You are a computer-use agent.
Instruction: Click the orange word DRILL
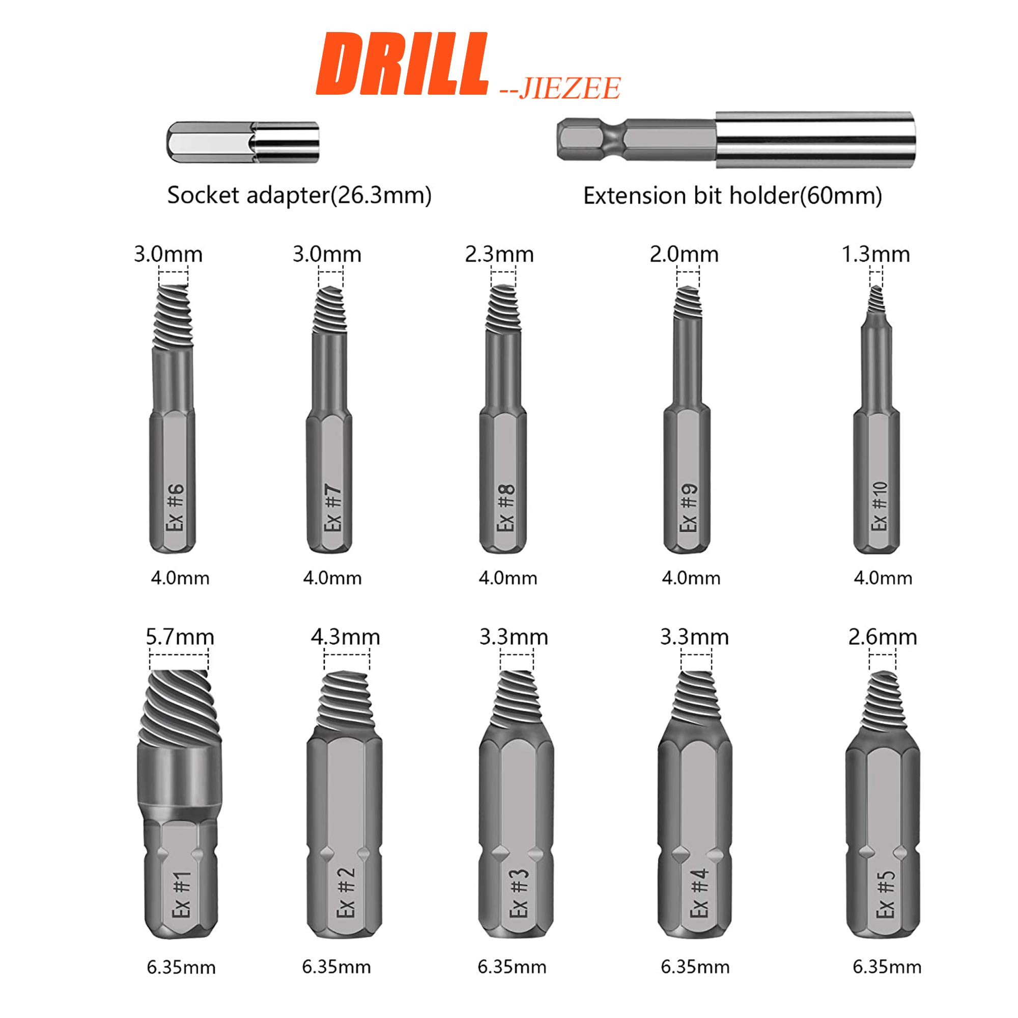point(402,64)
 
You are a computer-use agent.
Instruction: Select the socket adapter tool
point(243,143)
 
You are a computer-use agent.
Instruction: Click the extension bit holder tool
point(736,140)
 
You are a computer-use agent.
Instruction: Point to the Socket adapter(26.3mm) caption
point(299,195)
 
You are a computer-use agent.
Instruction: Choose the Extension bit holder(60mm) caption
point(732,196)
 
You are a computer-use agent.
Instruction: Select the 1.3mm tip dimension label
point(875,254)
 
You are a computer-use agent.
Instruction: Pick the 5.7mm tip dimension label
point(180,637)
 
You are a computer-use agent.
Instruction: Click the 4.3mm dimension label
point(345,637)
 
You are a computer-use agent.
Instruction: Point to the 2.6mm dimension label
point(882,637)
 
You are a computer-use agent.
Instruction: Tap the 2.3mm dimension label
point(499,254)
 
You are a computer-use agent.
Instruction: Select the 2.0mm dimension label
point(684,254)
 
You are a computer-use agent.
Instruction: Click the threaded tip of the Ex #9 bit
point(688,303)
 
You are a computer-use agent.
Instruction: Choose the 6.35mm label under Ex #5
point(887,967)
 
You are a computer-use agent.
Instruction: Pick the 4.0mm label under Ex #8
point(507,578)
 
